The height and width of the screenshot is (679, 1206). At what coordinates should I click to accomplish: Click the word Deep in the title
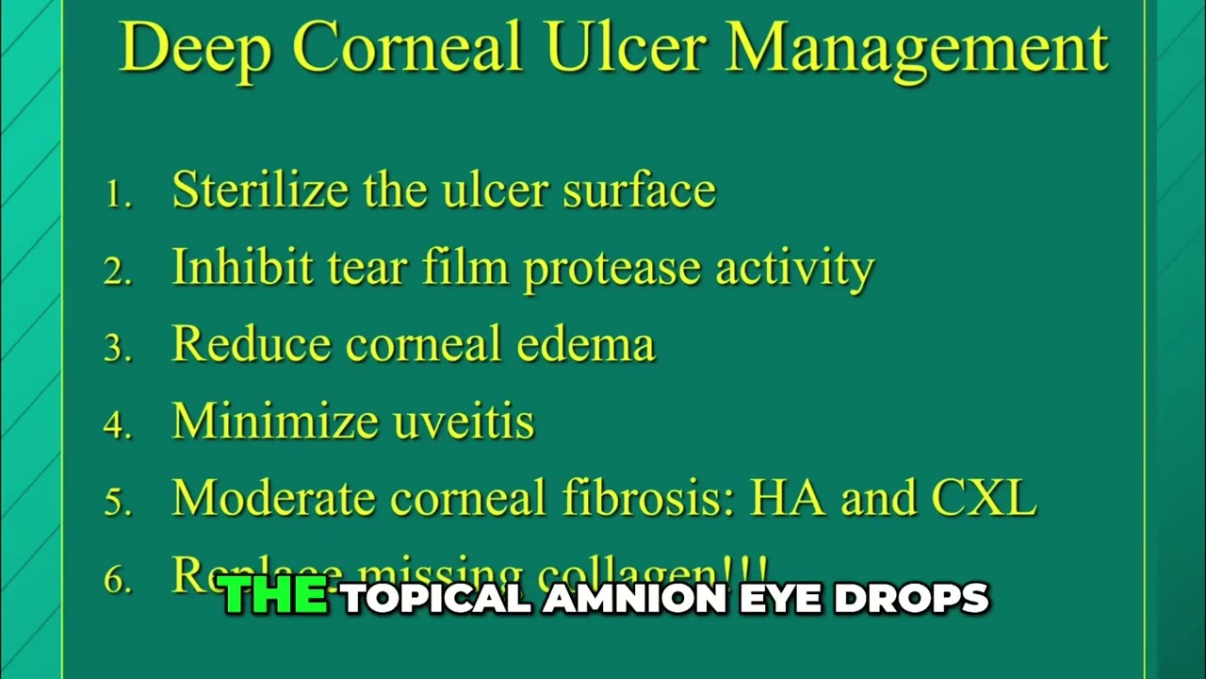(195, 49)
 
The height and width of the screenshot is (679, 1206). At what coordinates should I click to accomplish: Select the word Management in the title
(918, 49)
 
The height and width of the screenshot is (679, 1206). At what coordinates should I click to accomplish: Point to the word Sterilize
(260, 190)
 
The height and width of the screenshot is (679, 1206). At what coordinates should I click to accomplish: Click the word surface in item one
(639, 190)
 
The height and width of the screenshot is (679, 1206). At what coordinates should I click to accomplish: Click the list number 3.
(117, 349)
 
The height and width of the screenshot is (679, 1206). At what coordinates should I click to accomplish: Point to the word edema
(585, 344)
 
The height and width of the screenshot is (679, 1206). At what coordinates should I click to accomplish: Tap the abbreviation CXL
(984, 498)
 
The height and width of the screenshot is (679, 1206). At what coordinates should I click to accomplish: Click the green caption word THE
(275, 598)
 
